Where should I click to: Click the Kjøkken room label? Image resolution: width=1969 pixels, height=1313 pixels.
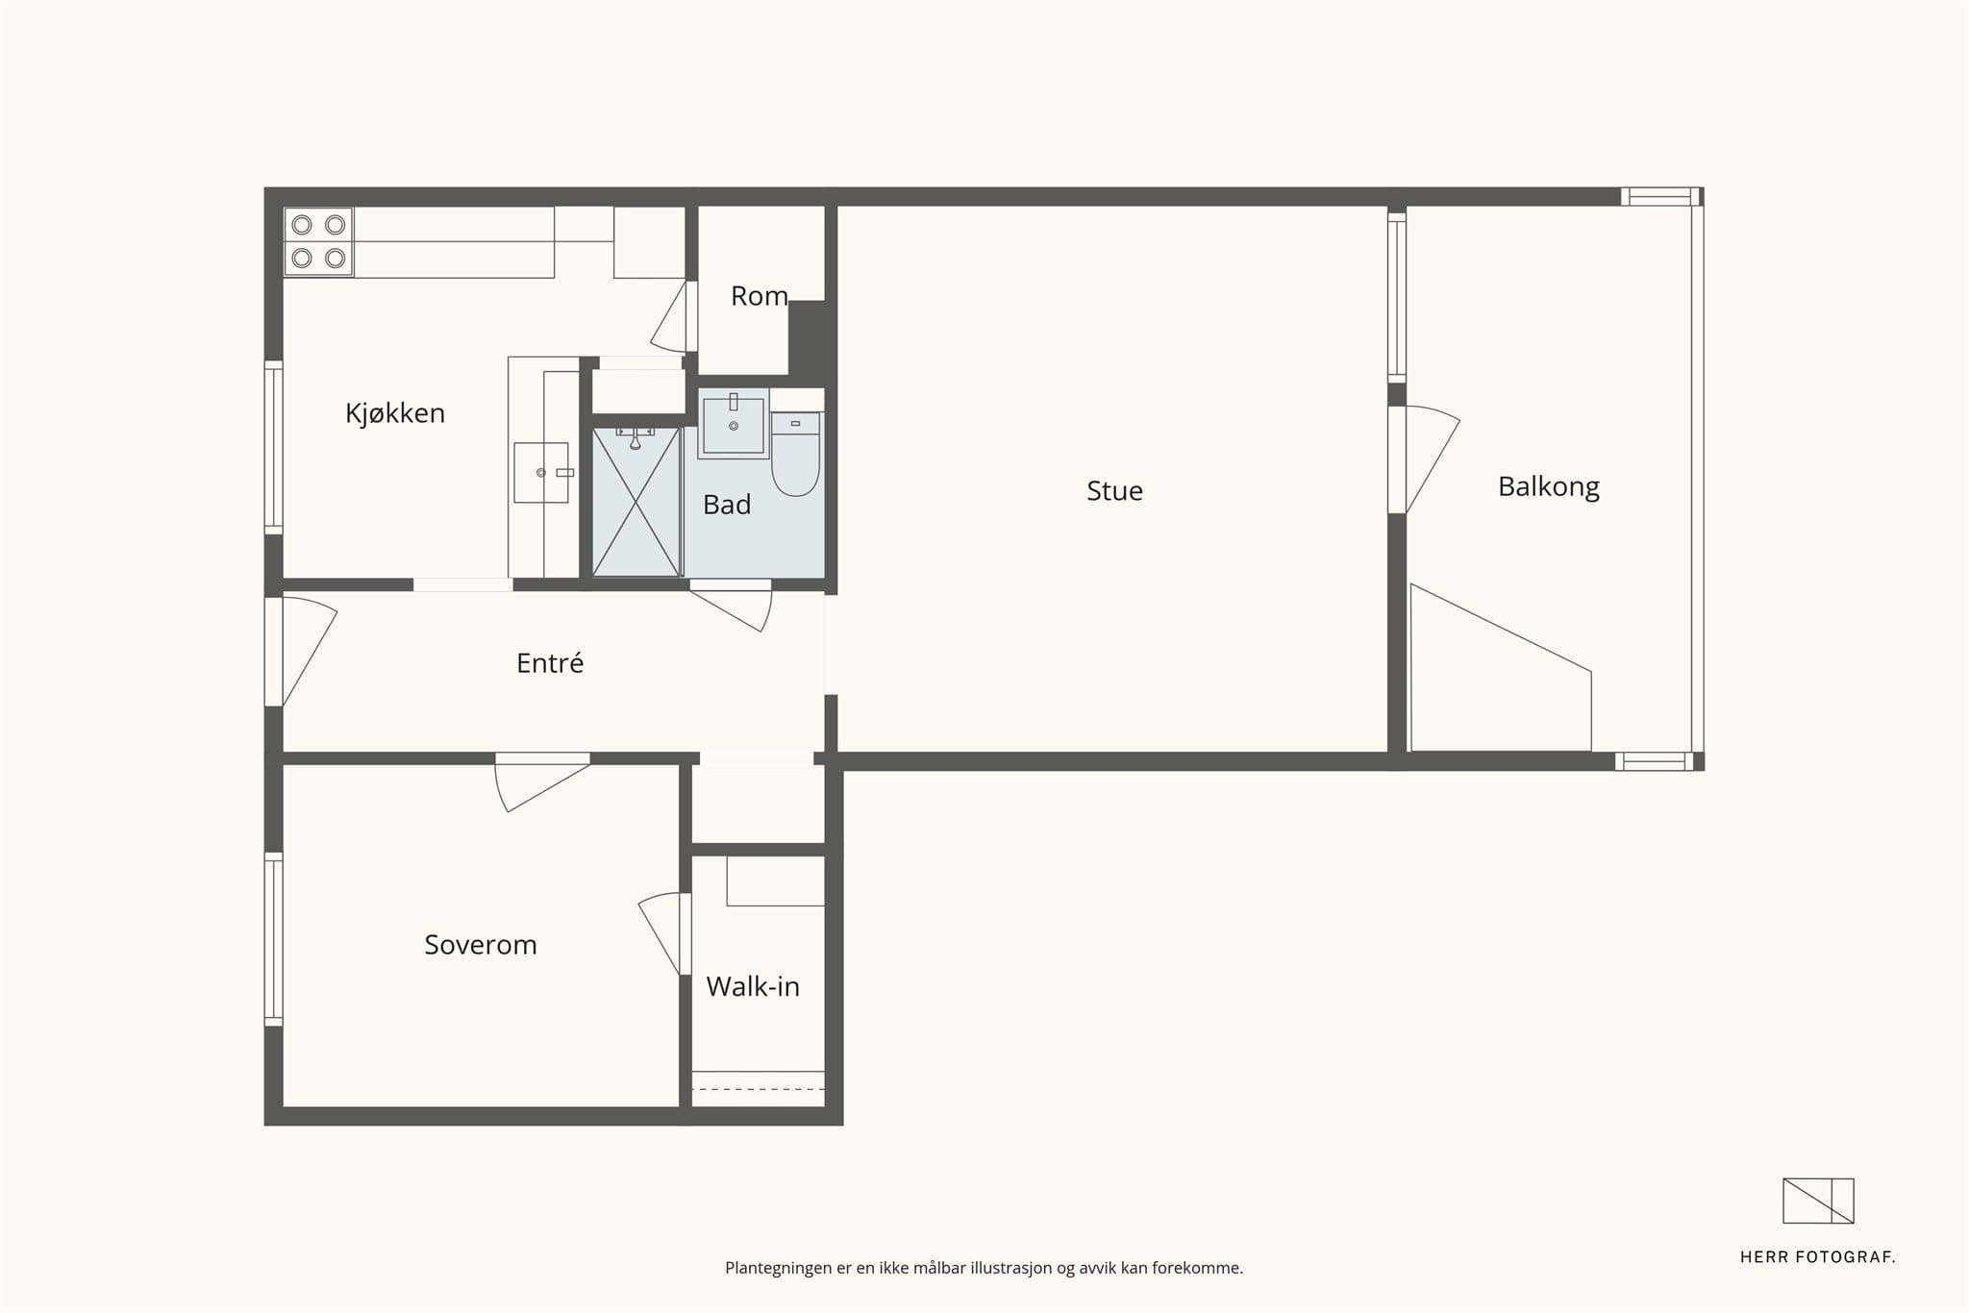tap(395, 413)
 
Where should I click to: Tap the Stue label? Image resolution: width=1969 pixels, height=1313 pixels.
tap(1114, 491)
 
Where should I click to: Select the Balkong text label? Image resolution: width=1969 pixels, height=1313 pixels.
tap(1549, 487)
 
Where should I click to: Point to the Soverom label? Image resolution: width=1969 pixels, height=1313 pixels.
tap(481, 945)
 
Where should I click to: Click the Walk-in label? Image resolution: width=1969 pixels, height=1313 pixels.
tap(753, 986)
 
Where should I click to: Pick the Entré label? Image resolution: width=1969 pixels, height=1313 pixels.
tap(550, 662)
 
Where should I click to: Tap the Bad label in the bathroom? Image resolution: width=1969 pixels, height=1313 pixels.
tap(727, 505)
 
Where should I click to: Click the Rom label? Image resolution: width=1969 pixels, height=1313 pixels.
tap(760, 296)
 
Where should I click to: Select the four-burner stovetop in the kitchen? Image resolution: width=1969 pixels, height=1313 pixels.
tap(318, 241)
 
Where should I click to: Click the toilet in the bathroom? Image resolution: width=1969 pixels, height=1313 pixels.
tap(795, 454)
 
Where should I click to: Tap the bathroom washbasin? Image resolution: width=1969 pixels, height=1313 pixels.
tap(734, 425)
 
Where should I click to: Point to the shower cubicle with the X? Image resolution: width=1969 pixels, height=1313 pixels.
tap(636, 502)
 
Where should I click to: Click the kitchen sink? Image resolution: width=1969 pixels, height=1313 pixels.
tap(541, 472)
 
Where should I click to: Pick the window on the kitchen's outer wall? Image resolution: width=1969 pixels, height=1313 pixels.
tap(274, 448)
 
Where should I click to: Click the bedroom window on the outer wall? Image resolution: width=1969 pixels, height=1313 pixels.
tap(274, 939)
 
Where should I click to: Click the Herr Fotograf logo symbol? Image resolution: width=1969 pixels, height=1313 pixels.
tap(1818, 1201)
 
